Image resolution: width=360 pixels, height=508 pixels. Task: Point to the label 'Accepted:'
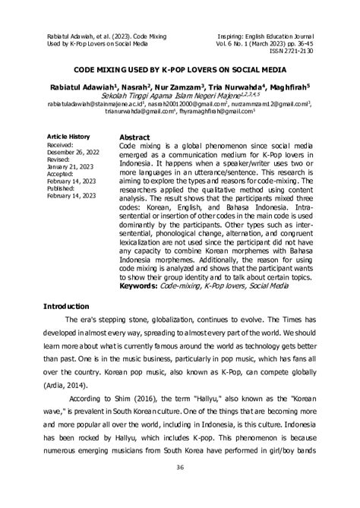click(62, 175)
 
